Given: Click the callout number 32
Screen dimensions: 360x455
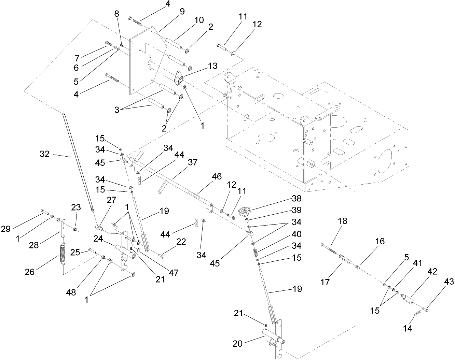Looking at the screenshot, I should coord(44,154).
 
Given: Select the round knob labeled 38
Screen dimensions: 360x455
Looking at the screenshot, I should coord(245,212).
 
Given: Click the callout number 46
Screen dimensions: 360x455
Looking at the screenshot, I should coord(217,176).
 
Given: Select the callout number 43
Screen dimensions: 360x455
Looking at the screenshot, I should coord(449,282).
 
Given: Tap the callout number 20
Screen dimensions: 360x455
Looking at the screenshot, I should coord(238,344).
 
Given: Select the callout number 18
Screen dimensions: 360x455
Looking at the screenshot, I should coord(342,221).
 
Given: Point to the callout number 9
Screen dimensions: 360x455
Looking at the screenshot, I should coord(182,11).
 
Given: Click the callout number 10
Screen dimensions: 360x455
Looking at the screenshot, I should coord(199,20).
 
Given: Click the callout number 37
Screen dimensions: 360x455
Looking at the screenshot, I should coord(193,162).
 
